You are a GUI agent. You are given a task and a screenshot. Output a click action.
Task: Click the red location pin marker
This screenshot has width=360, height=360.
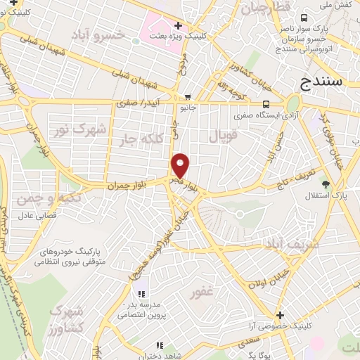[x=181, y=165]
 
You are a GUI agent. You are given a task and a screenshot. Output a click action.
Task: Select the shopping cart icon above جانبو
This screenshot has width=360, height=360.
[x=187, y=98]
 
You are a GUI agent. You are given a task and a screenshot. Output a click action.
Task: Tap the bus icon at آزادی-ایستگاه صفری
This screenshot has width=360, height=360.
[x=264, y=103]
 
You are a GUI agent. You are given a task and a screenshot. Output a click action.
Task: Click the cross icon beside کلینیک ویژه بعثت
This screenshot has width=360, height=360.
[x=179, y=25]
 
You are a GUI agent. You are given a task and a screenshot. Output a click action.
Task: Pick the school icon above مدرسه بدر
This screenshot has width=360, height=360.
[x=141, y=293]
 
